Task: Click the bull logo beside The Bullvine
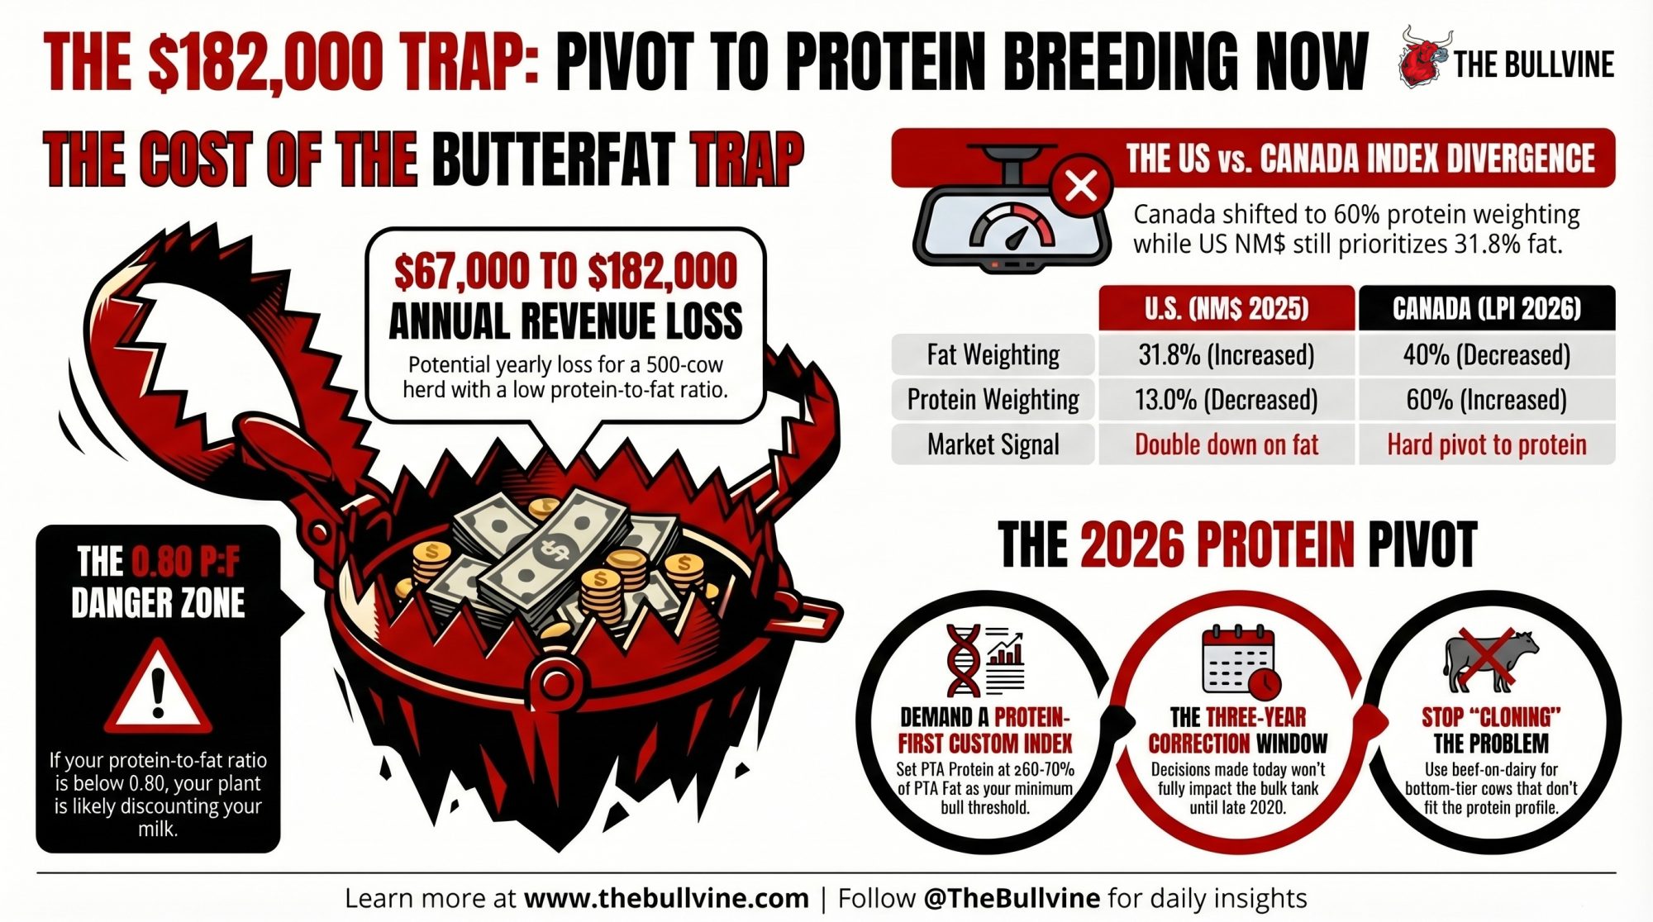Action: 1424,56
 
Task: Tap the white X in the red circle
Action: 1081,186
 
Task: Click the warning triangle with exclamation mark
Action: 158,687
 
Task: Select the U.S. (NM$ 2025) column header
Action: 1227,308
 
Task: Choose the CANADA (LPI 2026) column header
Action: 1487,308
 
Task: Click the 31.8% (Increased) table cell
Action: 1227,355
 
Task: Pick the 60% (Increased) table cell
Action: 1487,400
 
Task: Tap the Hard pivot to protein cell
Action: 1487,444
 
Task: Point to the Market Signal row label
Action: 993,444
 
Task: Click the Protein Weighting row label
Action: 993,400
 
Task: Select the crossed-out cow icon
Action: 1490,659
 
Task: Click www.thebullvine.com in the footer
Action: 666,898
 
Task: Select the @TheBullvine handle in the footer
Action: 1012,898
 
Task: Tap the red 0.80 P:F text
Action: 186,562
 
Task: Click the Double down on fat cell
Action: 1227,444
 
